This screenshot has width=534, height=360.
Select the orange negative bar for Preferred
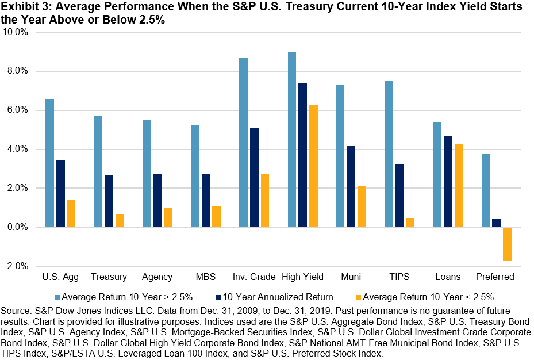pos(507,244)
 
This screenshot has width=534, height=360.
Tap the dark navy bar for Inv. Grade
pos(254,178)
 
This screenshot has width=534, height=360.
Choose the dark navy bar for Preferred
pos(496,223)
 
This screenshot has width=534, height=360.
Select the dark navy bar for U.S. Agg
pos(60,194)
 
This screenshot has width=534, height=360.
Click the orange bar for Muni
pos(362,207)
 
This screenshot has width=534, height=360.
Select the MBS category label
pos(205,277)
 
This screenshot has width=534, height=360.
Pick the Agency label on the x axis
pos(157,277)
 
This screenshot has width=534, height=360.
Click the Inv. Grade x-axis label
pos(253,277)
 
